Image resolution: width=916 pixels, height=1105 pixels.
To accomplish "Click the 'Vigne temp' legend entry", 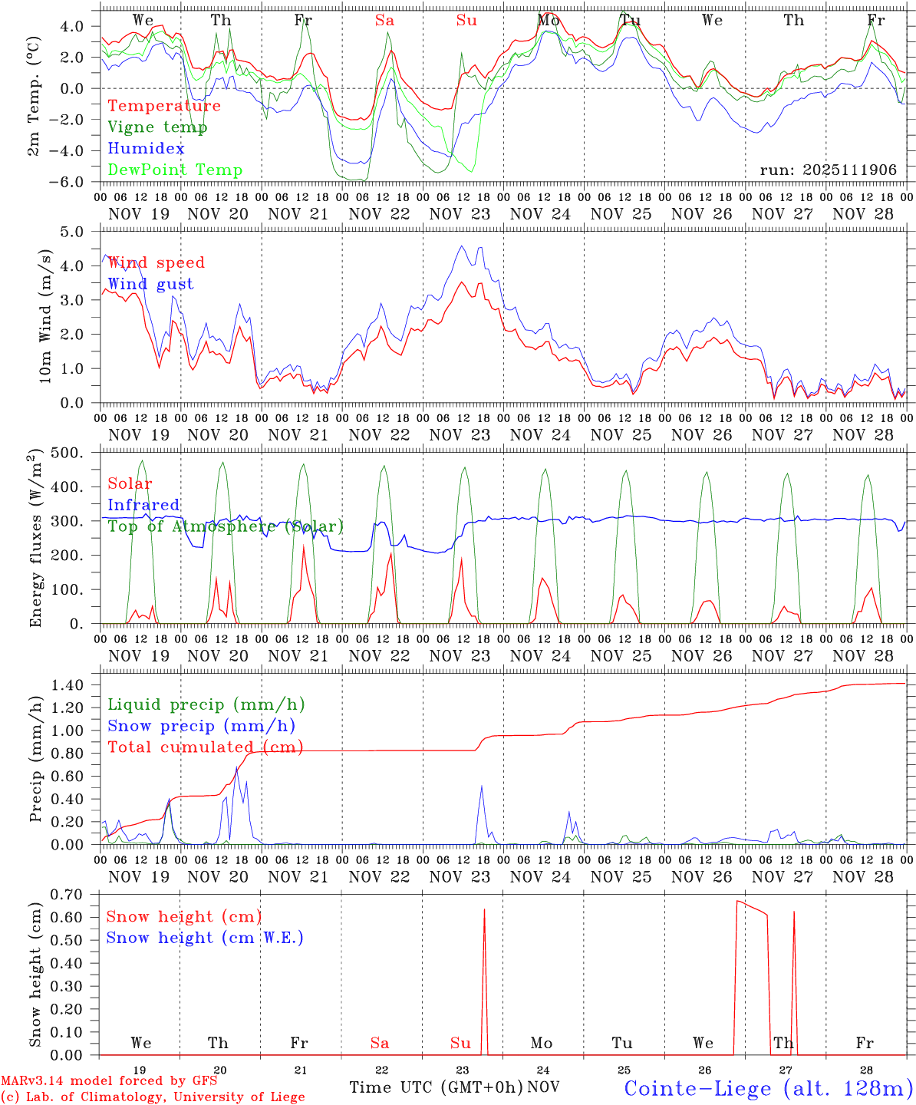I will [x=157, y=127].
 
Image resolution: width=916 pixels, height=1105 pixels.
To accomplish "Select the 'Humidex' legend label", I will [x=146, y=149].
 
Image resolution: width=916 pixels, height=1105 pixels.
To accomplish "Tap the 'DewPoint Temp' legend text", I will [x=175, y=170].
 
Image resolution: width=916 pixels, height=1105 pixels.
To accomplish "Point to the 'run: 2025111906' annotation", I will [x=828, y=170].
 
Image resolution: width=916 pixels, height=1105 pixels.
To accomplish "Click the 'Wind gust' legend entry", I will [x=150, y=284].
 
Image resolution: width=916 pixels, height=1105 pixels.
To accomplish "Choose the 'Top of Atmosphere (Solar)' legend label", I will [x=225, y=526].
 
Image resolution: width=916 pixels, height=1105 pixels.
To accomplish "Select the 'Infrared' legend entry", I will [x=143, y=505].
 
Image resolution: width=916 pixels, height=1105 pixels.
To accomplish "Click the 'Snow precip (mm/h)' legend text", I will [x=201, y=726].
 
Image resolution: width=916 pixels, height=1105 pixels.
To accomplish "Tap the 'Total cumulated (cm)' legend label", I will [x=205, y=747].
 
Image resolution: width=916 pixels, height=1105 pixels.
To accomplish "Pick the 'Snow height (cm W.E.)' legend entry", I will [x=204, y=938].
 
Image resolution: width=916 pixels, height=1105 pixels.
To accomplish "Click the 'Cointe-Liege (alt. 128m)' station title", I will [x=768, y=1088].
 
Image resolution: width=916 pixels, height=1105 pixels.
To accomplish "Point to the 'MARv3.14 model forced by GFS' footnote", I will [x=109, y=1081].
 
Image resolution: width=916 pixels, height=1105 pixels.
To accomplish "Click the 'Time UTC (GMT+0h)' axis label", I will [x=436, y=1087].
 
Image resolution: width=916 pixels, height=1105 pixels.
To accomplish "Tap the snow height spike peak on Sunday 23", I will [x=484, y=909].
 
